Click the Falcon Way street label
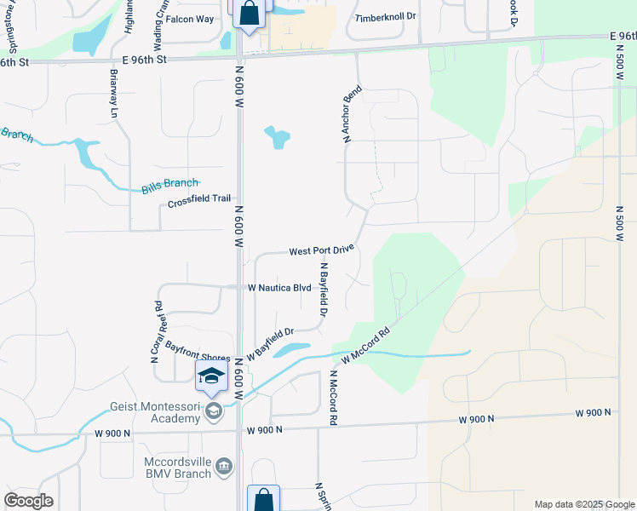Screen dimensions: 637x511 [x=190, y=19]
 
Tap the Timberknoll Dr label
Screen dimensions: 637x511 [x=385, y=17]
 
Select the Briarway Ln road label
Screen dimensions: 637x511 [x=112, y=94]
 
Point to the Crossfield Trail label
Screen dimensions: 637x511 [x=199, y=200]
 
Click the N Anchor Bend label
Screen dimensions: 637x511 [x=353, y=113]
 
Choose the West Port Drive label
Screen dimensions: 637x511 [x=320, y=251]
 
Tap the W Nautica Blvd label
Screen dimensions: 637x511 [x=278, y=288]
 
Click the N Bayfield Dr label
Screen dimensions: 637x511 [x=324, y=290]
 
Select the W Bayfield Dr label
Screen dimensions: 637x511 [x=270, y=342]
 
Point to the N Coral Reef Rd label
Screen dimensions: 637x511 [x=157, y=332]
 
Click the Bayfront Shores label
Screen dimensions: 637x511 [x=198, y=351]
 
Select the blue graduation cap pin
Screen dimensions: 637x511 [x=212, y=376]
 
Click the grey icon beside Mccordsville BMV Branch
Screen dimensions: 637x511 [x=224, y=466]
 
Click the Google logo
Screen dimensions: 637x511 [x=28, y=501]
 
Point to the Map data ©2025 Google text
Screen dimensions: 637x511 [x=583, y=504]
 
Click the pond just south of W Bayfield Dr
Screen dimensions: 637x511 [x=294, y=349]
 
